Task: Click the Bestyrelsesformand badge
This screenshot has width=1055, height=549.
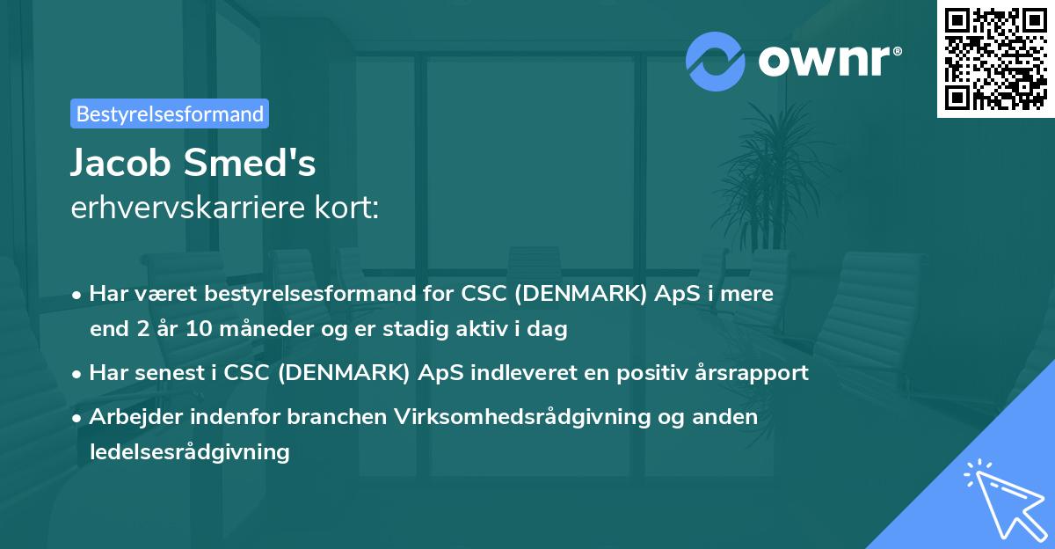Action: (x=170, y=113)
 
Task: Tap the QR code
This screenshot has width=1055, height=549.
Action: (x=996, y=58)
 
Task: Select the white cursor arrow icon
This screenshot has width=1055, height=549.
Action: (x=1004, y=497)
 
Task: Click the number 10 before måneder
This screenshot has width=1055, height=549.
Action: (x=200, y=330)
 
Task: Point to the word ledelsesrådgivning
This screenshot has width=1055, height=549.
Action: (x=189, y=452)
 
